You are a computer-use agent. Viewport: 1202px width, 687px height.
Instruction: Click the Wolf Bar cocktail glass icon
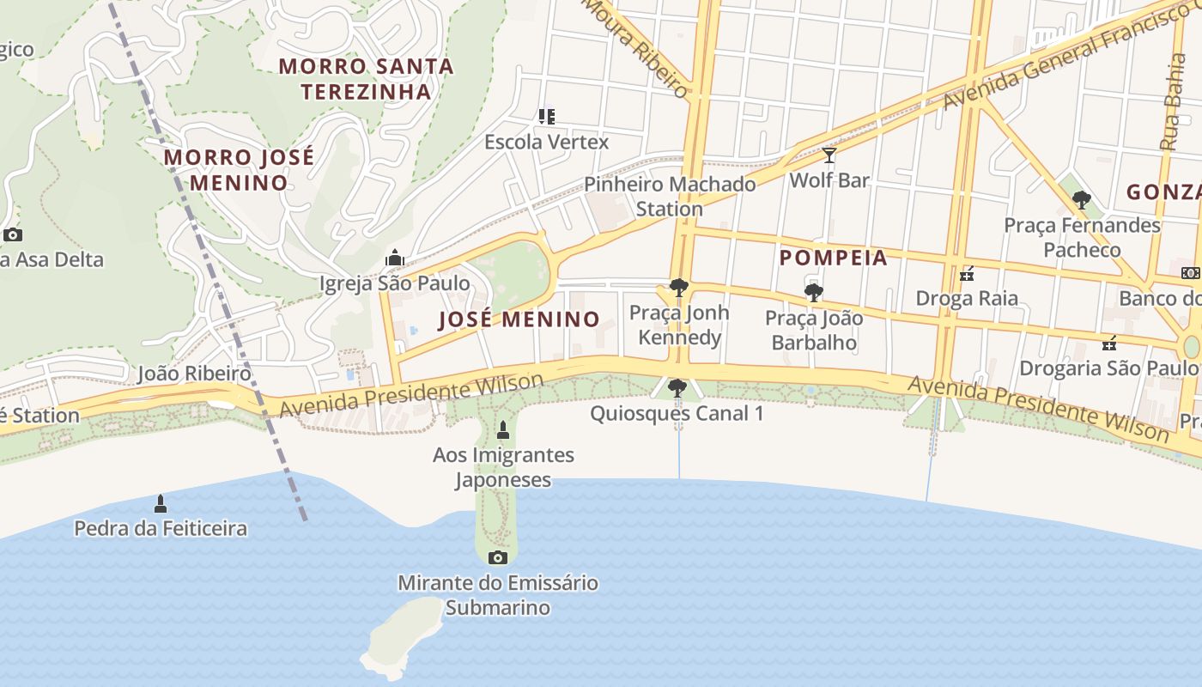(x=829, y=155)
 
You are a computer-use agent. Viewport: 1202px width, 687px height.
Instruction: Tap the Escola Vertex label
(x=546, y=142)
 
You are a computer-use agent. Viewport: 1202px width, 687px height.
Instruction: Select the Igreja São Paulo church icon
(x=394, y=258)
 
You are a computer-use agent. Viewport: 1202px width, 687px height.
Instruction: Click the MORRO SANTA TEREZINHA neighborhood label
(x=367, y=78)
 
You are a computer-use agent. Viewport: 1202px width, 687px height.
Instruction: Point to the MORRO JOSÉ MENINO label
(x=239, y=170)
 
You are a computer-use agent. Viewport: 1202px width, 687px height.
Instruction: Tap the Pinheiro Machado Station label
(x=670, y=197)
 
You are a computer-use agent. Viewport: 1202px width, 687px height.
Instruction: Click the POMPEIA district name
(x=833, y=258)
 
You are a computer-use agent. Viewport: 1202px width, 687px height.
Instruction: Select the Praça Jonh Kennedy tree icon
(x=678, y=288)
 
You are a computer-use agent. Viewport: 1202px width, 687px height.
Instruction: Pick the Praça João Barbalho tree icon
(x=813, y=293)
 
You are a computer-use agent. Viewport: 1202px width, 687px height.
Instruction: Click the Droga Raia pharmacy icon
(x=967, y=274)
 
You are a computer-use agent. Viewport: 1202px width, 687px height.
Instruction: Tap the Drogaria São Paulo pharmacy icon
(x=1109, y=343)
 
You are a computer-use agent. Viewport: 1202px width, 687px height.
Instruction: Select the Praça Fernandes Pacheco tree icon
(x=1082, y=200)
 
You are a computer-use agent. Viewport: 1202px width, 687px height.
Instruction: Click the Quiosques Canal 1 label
(x=677, y=413)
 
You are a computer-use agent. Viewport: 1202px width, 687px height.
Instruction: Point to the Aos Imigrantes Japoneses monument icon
(x=503, y=430)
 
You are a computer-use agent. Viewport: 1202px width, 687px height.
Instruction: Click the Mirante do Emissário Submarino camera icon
(x=497, y=557)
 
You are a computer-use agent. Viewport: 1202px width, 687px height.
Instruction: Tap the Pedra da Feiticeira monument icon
(x=160, y=503)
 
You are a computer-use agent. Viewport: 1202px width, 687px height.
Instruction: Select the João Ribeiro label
(x=195, y=374)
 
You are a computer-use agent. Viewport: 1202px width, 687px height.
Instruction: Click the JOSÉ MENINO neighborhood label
(x=519, y=319)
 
